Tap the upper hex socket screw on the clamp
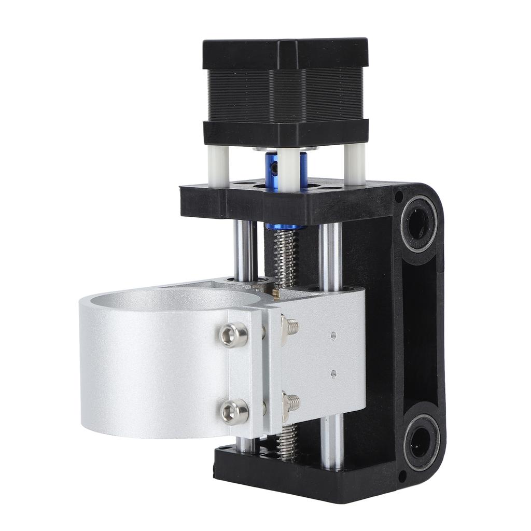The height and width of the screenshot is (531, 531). tap(234, 335)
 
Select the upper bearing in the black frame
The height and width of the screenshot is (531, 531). tap(418, 224)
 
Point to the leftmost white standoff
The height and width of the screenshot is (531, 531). tap(218, 165)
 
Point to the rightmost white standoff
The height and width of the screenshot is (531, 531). tap(355, 164)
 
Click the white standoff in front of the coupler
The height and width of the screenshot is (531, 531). tap(289, 169)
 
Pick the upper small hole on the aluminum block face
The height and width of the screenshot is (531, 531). tap(333, 336)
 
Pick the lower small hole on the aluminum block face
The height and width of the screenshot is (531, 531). tap(333, 372)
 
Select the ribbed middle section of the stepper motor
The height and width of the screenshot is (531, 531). tap(285, 96)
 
